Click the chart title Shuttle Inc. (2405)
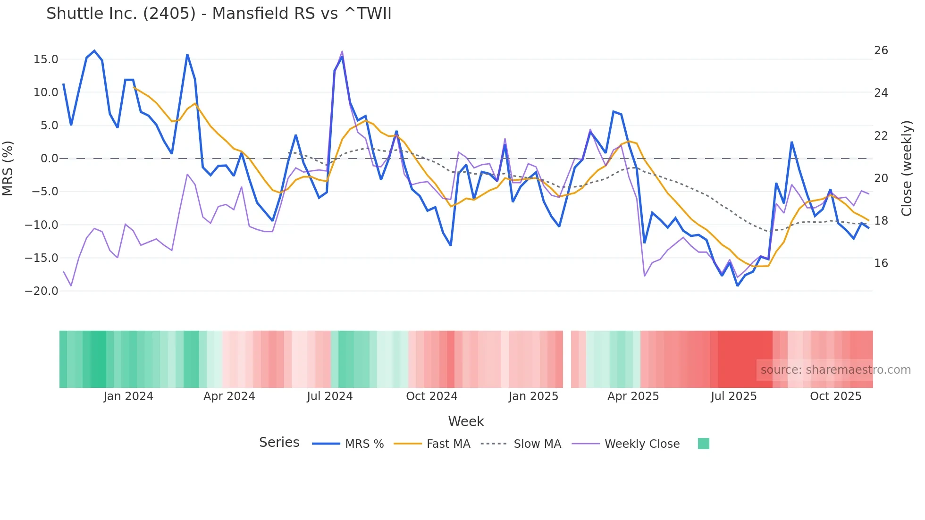(219, 14)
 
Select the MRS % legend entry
(364, 444)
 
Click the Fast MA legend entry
(448, 444)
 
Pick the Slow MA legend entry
(537, 444)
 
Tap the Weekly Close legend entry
(642, 444)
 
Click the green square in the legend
(703, 444)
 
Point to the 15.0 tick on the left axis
(46, 59)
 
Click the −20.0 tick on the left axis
(42, 291)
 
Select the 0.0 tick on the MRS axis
(49, 159)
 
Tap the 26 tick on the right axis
(881, 50)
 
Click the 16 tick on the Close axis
(881, 263)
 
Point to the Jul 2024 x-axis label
(329, 396)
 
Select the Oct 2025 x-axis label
(835, 396)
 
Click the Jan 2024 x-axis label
(128, 396)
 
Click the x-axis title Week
(466, 421)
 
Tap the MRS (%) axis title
(8, 168)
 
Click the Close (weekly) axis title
(907, 168)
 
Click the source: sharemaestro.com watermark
(835, 370)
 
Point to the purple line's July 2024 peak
(342, 51)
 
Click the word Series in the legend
(279, 443)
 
